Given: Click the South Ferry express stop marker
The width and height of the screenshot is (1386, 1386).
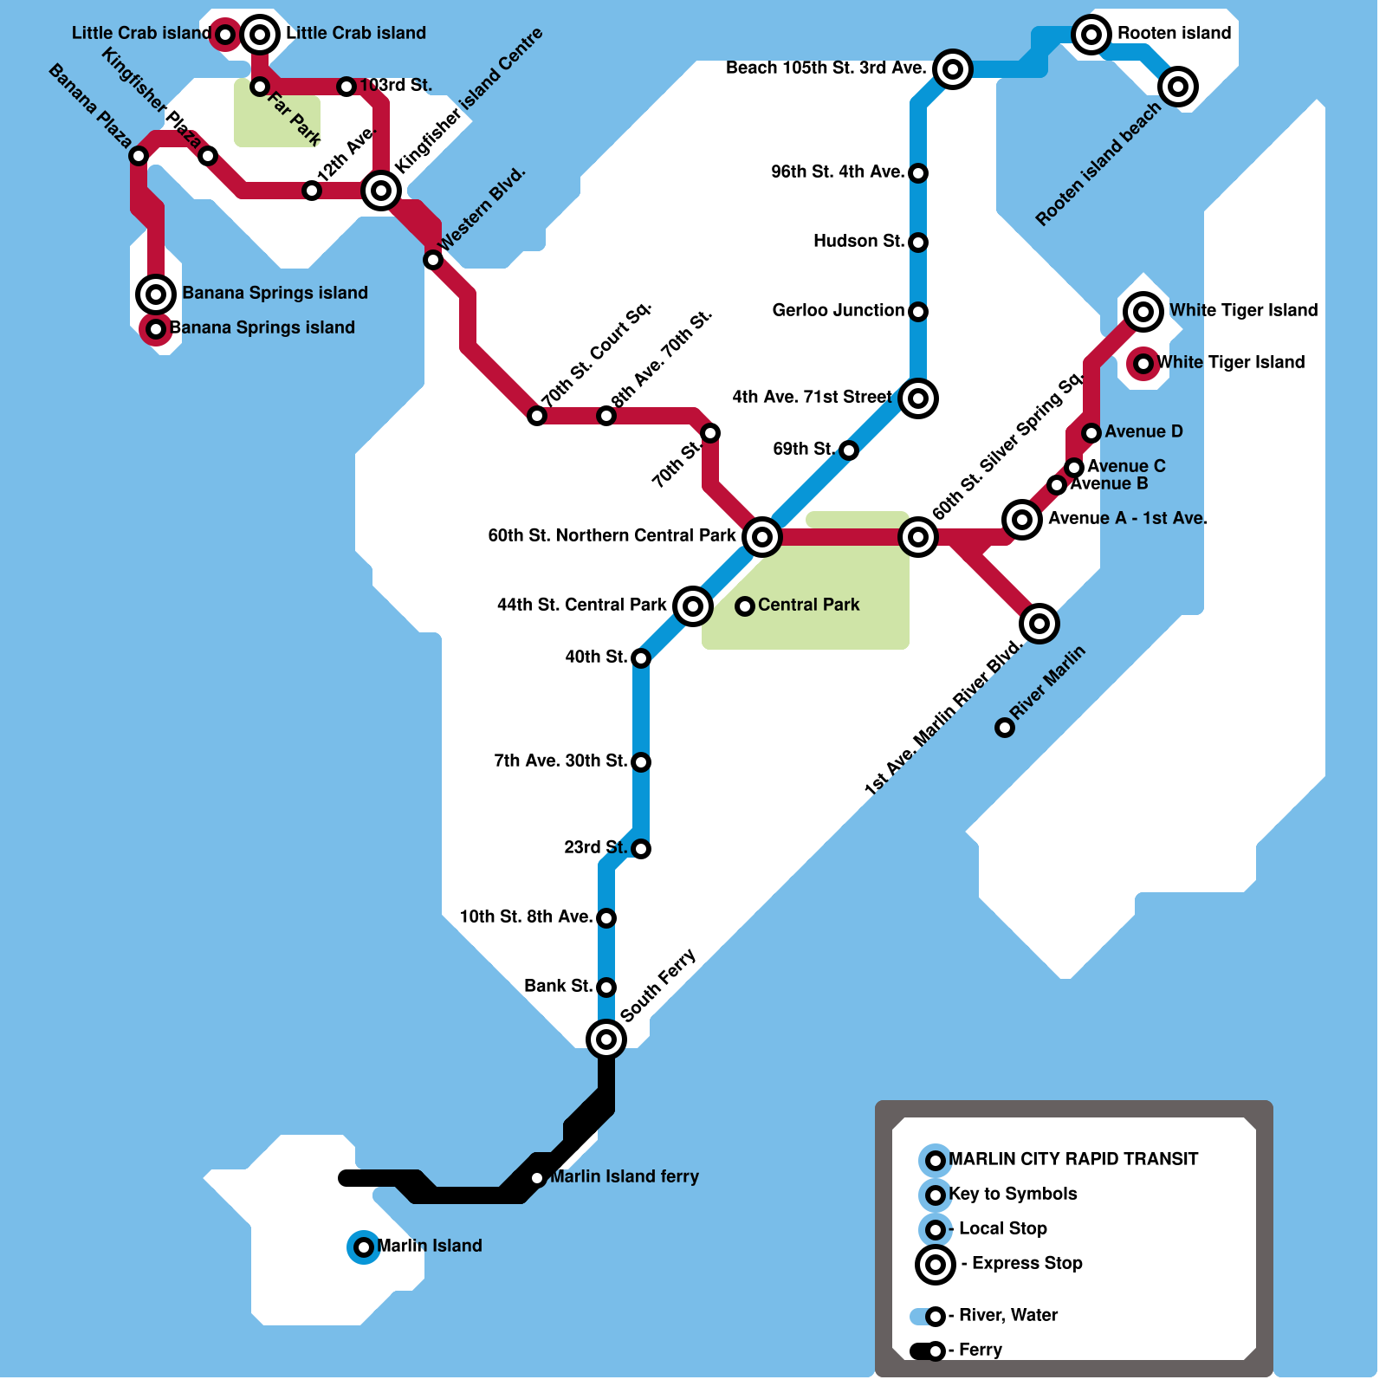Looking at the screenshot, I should (x=606, y=1039).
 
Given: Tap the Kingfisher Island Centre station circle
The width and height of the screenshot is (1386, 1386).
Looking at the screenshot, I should (x=381, y=190).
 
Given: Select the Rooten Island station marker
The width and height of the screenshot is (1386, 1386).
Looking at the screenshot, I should (x=1091, y=35).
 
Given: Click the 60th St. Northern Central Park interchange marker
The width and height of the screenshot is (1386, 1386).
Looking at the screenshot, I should (x=762, y=537).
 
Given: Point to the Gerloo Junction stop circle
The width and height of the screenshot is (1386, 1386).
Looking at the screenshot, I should (x=918, y=312).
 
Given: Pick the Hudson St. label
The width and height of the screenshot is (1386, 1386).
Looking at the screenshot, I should (x=858, y=241).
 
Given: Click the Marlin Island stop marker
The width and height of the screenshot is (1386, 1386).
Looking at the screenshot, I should (x=364, y=1247).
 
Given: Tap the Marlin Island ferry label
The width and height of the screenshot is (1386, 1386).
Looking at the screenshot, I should (x=625, y=1176).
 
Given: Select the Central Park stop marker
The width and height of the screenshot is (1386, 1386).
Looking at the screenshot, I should (x=745, y=606).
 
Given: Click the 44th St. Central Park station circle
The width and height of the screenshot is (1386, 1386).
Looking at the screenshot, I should (x=693, y=606).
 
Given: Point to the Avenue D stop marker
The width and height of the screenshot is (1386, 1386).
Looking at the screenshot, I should (x=1091, y=433).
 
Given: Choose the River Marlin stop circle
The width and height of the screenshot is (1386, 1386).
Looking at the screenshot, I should (x=1005, y=728).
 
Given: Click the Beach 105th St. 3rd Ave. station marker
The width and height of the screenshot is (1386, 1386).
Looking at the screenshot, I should (x=953, y=69).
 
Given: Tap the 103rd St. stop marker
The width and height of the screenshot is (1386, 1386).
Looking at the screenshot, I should (x=346, y=87).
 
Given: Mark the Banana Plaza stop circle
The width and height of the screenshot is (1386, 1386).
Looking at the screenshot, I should (x=139, y=156).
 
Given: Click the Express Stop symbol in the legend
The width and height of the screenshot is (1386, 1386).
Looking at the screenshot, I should (x=936, y=1265).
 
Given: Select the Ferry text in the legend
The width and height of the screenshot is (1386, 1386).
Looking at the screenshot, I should (x=980, y=1350).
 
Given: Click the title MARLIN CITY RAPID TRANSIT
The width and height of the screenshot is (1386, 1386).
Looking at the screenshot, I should (x=1073, y=1159).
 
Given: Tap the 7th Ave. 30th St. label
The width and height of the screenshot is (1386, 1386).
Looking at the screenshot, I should (x=560, y=761).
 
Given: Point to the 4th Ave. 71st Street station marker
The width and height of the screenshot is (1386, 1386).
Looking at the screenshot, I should (x=918, y=398).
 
